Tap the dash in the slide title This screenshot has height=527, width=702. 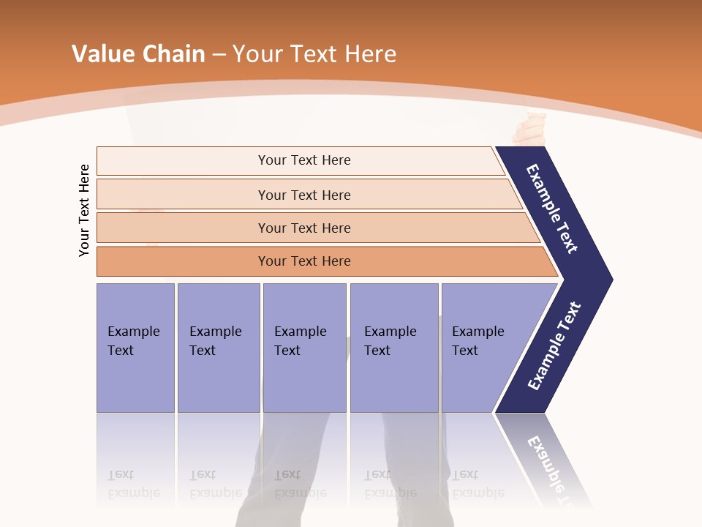click(x=219, y=55)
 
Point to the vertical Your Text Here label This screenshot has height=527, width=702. click(x=84, y=210)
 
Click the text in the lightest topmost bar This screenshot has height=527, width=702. click(x=304, y=160)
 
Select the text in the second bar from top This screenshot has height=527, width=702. click(x=304, y=195)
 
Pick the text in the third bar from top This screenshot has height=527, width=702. click(x=304, y=228)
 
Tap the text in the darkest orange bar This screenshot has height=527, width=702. click(x=304, y=261)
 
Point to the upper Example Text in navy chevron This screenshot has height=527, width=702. click(x=552, y=209)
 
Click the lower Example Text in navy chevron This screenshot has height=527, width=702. click(x=554, y=346)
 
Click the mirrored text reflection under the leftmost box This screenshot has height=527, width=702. click(x=134, y=484)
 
